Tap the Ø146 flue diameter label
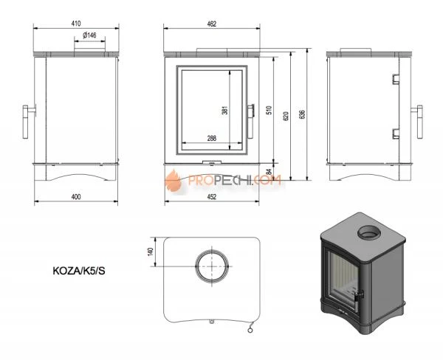tap(90, 35)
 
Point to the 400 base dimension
tap(76, 197)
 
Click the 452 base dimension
tap(211, 197)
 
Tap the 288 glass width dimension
tap(211, 137)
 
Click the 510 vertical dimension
tap(269, 110)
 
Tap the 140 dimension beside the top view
tap(151, 252)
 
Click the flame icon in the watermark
tap(174, 179)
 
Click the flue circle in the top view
tap(211, 265)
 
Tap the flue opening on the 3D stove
tap(366, 235)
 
